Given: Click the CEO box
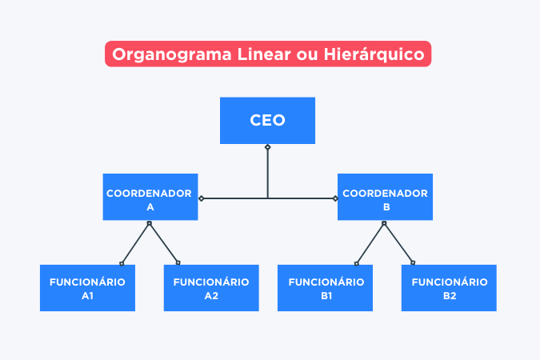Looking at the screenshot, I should click(x=267, y=121).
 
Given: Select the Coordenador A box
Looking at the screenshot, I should click(x=150, y=197).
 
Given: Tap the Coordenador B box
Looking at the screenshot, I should click(x=385, y=197).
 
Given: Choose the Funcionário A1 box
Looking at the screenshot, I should click(x=87, y=288).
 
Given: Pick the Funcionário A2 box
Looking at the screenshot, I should click(x=211, y=288).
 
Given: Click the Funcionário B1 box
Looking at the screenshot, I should click(x=326, y=288).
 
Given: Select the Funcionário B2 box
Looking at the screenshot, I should click(x=449, y=288).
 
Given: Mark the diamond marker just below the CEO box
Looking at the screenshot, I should click(x=268, y=147).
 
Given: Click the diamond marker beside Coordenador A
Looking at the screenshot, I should click(x=202, y=198).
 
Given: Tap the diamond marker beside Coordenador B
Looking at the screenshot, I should click(x=334, y=198).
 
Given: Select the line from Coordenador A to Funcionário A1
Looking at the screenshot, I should click(x=136, y=242).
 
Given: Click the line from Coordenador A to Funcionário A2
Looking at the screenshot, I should click(x=163, y=242).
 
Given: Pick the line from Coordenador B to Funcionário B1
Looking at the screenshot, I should click(x=371, y=242).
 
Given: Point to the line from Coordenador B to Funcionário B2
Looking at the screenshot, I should click(x=398, y=242).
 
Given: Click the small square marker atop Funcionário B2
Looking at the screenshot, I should click(x=413, y=262).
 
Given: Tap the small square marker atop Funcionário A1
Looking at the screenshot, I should click(x=122, y=262).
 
